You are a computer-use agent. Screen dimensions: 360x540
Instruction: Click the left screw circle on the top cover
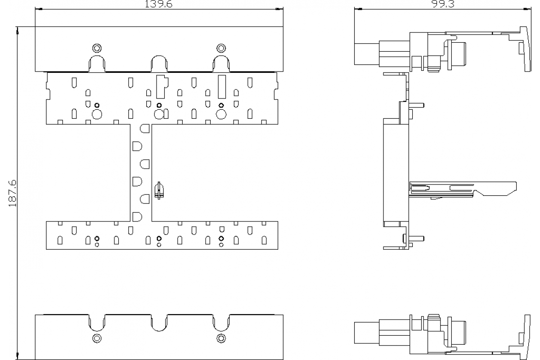(x=97, y=48)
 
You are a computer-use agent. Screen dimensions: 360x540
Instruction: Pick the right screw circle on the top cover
(x=220, y=48)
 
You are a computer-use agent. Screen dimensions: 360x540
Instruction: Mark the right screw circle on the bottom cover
(x=220, y=338)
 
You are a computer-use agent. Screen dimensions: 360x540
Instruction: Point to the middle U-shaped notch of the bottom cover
(x=159, y=323)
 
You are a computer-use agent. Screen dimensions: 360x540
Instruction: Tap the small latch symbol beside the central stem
(x=158, y=190)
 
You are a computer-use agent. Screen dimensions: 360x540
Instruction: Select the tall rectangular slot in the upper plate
(x=221, y=87)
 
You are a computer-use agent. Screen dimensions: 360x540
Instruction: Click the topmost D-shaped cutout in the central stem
(x=144, y=129)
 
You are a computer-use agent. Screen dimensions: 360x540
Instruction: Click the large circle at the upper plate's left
(x=97, y=114)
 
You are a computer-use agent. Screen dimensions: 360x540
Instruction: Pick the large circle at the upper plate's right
(x=221, y=114)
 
